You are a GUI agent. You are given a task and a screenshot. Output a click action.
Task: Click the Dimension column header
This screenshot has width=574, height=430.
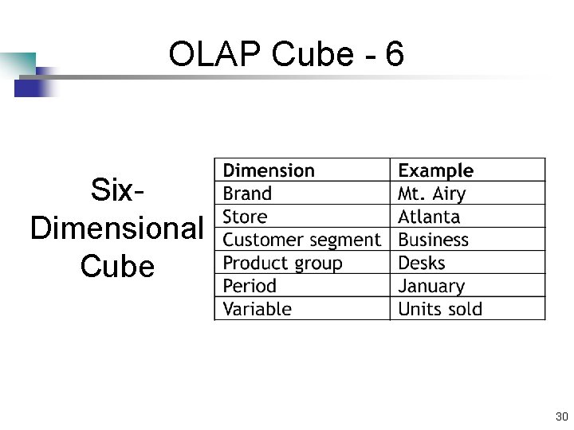click(x=269, y=170)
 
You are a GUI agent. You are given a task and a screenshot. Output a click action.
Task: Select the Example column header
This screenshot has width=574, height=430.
click(x=435, y=170)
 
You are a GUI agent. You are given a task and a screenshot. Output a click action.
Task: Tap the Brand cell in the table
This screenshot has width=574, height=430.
click(x=247, y=193)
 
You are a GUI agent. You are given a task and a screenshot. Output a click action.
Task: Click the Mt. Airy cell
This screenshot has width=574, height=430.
click(x=431, y=193)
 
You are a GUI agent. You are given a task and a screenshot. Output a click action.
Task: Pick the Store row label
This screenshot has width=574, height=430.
click(x=246, y=217)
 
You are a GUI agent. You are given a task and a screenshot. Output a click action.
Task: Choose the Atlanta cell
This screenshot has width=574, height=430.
click(x=429, y=217)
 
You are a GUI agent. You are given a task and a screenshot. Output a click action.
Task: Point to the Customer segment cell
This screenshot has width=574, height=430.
click(x=301, y=240)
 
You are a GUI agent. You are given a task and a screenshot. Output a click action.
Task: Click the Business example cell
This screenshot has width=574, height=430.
click(x=433, y=240)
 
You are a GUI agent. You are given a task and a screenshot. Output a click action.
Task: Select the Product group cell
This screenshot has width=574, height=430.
click(x=282, y=263)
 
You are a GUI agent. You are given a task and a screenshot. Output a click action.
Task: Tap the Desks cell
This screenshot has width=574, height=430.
click(x=421, y=263)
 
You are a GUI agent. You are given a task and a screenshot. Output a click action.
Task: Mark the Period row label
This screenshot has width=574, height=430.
click(x=250, y=286)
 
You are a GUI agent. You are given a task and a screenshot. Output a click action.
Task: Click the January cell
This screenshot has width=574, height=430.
click(x=431, y=286)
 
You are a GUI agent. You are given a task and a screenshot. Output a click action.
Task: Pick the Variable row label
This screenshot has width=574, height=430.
click(x=257, y=309)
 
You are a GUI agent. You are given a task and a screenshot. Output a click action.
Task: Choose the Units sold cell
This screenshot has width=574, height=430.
click(x=440, y=309)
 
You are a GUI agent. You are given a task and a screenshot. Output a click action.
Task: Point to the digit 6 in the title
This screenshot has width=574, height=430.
click(x=394, y=55)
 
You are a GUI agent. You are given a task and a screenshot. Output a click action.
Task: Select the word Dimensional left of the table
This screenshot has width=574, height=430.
click(x=117, y=228)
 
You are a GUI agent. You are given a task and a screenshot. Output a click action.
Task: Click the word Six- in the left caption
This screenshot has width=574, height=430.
click(x=117, y=191)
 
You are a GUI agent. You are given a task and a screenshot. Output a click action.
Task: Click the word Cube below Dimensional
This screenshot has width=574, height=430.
click(x=117, y=265)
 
